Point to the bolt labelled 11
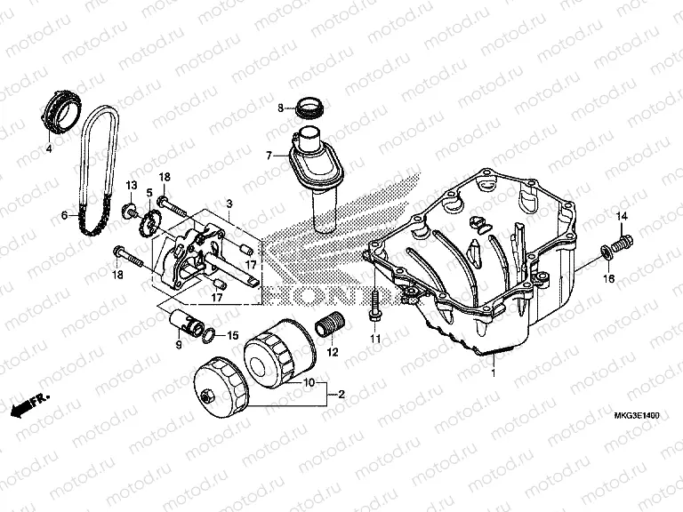pos(375,306)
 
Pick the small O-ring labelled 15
pos(207,335)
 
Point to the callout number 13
pos(129,185)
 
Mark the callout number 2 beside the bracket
pos(341,393)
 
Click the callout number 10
pos(309,383)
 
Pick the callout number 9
pos(177,344)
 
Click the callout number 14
pos(622,218)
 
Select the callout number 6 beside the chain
pos(63,215)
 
